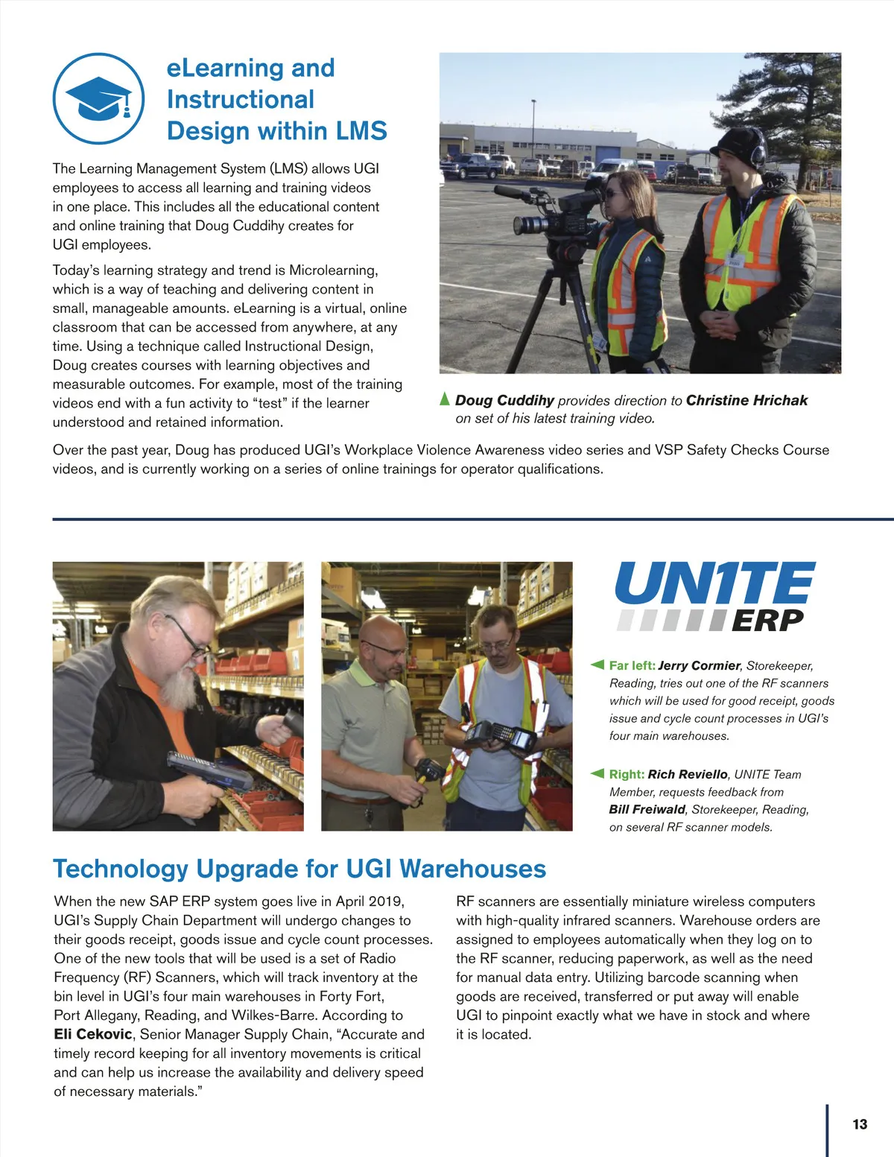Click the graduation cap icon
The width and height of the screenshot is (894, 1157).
(98, 99)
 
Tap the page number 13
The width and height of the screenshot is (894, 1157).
(860, 1124)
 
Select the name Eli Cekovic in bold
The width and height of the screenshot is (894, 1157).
(92, 1034)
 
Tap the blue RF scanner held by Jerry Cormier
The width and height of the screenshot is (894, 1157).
(209, 770)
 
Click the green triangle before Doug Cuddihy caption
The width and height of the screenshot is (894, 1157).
(445, 399)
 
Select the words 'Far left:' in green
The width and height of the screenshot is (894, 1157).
(632, 665)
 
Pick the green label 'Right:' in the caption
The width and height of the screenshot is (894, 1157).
(627, 774)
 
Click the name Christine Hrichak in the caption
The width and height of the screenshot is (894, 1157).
(746, 400)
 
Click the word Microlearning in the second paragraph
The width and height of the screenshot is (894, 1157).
(333, 270)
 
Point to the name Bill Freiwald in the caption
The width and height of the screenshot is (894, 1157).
(647, 809)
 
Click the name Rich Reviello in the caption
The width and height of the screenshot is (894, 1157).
(687, 774)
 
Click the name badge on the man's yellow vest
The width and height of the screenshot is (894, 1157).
(735, 261)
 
